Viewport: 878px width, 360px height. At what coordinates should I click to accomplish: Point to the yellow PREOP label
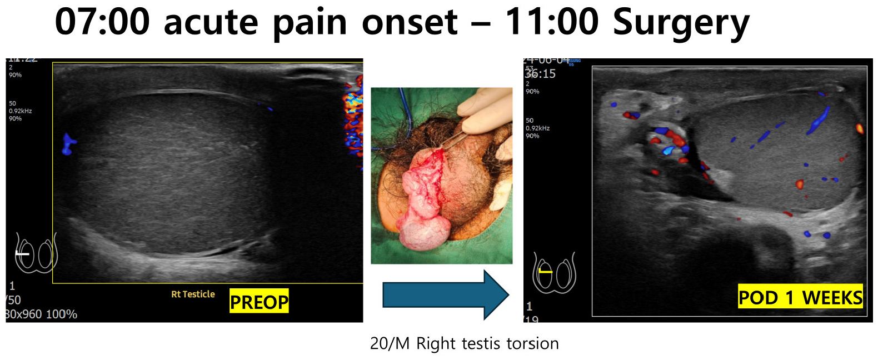pos(259,302)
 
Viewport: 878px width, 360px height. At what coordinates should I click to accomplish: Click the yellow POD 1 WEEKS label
pos(800,297)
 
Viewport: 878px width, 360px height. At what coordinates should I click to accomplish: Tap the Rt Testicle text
pos(193,294)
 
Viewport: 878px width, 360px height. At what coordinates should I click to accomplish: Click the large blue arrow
pos(445,294)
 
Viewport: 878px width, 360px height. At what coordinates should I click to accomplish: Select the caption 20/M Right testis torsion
pos(464,343)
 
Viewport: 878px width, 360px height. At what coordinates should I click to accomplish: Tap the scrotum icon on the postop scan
pos(554,273)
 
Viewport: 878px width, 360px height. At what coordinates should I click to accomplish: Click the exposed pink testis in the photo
pos(425,211)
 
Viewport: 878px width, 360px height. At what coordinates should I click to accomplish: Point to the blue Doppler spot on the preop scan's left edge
pos(68,144)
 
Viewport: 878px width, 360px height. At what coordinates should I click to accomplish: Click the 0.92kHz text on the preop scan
pos(21,111)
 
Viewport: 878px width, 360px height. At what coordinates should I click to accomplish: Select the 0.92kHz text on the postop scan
pos(537,128)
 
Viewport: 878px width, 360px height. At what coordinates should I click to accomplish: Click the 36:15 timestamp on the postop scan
pos(540,74)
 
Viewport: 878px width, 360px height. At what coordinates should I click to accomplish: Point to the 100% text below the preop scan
pos(61,314)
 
